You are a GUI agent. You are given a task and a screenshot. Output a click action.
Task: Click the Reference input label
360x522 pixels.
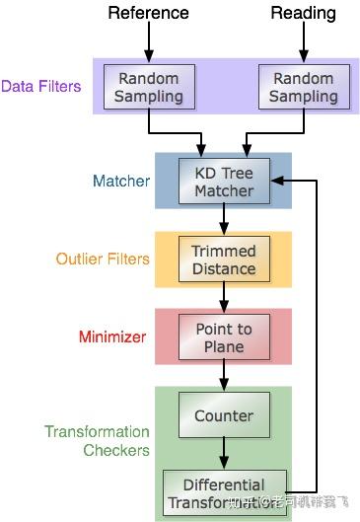pos(148,14)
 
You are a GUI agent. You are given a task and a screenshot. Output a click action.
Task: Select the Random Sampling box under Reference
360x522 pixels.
pos(148,87)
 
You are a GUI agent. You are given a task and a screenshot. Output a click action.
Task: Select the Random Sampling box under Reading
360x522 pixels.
pos(302,87)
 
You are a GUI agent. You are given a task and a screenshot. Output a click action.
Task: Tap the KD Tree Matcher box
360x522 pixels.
pos(224,181)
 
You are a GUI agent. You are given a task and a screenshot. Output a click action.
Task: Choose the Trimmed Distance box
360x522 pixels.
pos(224,259)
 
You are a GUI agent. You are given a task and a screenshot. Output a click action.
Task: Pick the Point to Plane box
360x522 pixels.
pos(224,336)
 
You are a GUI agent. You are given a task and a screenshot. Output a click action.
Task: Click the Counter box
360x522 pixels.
pos(224,416)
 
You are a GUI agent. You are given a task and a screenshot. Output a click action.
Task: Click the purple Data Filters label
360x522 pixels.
pos(41,87)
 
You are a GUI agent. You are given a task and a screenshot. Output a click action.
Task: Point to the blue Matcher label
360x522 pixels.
pos(121,181)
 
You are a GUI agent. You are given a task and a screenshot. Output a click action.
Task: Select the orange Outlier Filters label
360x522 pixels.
pos(103,259)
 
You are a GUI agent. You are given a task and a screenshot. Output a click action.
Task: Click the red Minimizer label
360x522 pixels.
pos(112,336)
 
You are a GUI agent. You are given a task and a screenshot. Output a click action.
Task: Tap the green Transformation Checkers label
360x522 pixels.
pos(97,441)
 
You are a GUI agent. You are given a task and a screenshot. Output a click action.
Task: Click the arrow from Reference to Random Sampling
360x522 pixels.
pos(148,43)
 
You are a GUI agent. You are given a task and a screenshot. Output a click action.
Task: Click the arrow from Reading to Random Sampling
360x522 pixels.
pos(302,43)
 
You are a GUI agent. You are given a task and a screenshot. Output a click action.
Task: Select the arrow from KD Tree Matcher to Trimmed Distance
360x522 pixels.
pos(224,218)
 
